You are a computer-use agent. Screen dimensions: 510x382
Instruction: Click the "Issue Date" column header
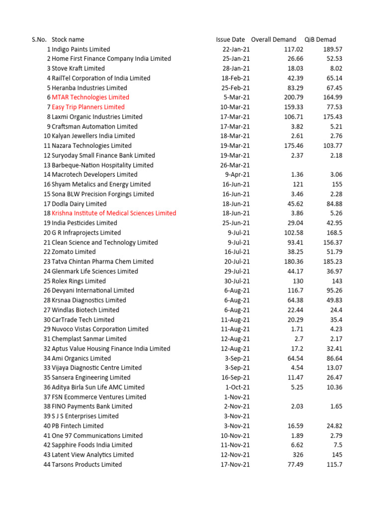(x=230, y=39)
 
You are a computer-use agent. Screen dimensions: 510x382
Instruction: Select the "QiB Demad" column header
(x=320, y=39)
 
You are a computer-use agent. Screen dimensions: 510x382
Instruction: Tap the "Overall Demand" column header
(x=274, y=39)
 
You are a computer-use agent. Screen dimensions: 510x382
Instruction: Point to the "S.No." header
(x=39, y=39)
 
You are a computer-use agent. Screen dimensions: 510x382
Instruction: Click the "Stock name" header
(x=68, y=39)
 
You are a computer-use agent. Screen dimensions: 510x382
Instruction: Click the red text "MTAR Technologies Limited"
(x=90, y=97)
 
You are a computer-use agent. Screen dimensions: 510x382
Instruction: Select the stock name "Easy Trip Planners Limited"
(x=88, y=107)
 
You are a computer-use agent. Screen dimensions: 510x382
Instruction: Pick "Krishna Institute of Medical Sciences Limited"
(x=113, y=213)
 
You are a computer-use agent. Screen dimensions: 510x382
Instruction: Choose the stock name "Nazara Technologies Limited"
(x=92, y=146)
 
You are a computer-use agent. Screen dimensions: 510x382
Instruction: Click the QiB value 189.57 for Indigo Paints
(x=332, y=49)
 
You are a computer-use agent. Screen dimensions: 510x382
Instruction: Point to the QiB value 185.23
(x=332, y=261)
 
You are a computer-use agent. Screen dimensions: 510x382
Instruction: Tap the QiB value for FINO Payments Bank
(x=335, y=406)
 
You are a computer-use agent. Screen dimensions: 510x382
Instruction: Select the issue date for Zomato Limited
(x=237, y=252)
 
